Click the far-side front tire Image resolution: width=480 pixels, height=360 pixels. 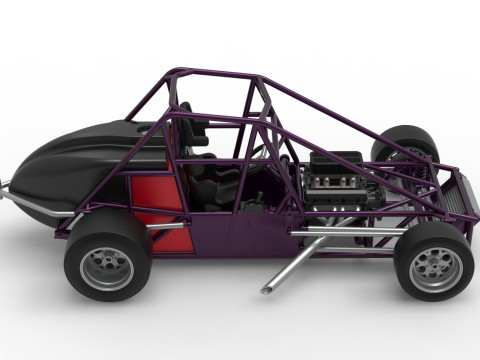coord(405,140)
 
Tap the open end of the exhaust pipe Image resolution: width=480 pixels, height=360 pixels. coord(267,289)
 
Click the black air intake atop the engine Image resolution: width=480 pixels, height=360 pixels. coord(336,159)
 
